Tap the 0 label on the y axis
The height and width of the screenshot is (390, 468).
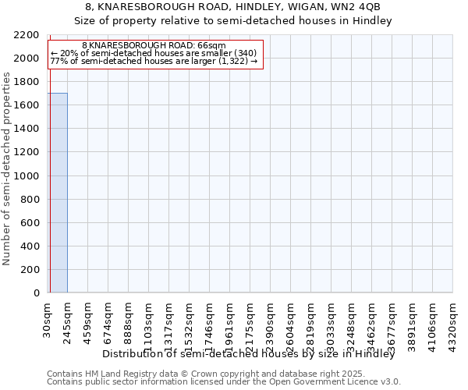[36, 293]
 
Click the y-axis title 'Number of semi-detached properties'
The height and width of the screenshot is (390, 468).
[8, 168]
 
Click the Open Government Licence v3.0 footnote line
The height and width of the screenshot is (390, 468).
[223, 382]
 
